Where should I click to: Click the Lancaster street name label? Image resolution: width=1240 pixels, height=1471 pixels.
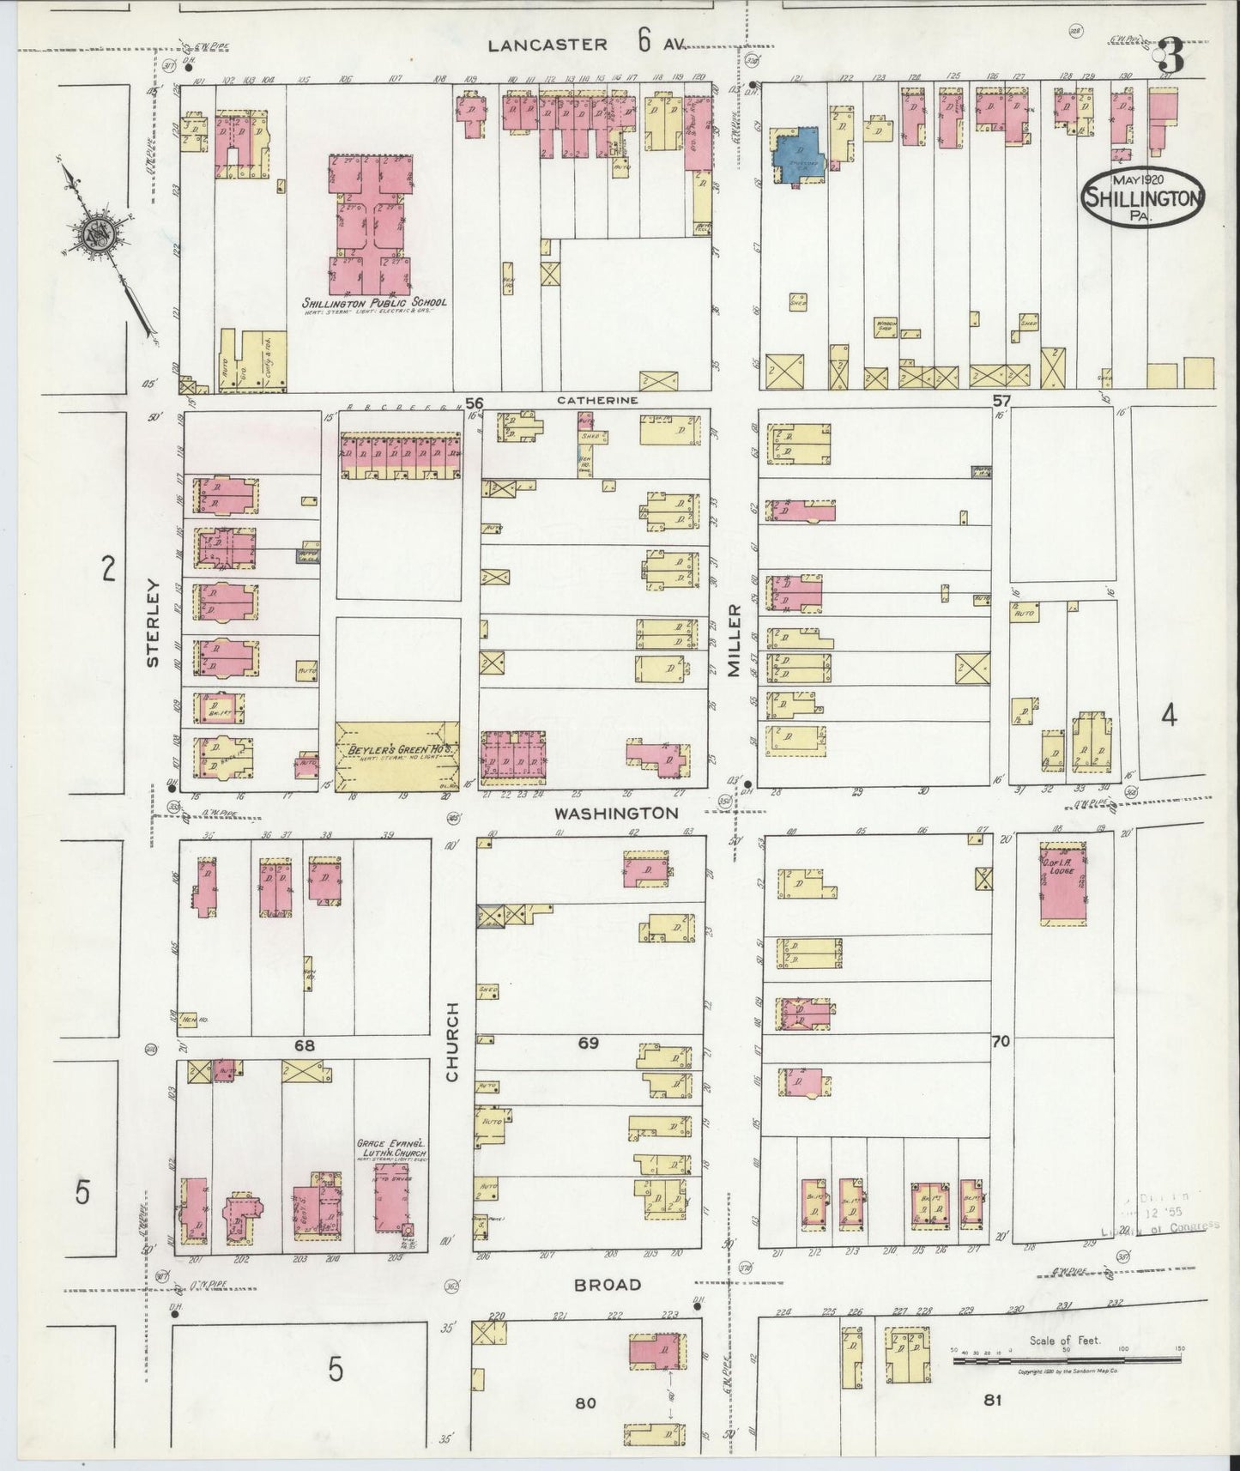tap(547, 45)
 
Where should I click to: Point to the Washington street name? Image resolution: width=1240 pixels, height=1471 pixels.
tap(615, 812)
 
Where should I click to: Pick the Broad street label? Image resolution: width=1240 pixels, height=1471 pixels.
tap(608, 1285)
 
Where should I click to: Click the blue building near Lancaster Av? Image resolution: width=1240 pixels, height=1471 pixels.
tap(797, 147)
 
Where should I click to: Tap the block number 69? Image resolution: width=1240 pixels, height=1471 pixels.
tap(588, 1043)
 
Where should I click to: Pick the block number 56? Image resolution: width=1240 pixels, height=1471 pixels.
tap(475, 402)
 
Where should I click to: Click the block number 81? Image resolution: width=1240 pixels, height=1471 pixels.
tap(993, 1401)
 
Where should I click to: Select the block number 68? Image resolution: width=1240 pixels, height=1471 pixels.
tap(305, 1045)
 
